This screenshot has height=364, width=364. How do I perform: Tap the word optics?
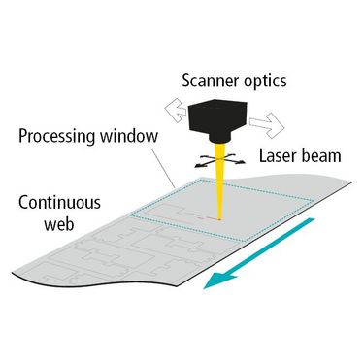click(265, 81)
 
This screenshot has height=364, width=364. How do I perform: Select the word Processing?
click(57, 136)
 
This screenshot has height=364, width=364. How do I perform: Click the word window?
click(129, 136)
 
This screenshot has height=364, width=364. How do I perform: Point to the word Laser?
click(277, 155)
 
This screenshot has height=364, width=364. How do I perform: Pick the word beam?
click(320, 155)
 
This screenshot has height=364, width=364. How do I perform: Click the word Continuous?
click(59, 203)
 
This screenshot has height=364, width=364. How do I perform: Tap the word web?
click(59, 224)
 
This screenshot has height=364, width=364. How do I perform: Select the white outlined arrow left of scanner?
click(176, 111)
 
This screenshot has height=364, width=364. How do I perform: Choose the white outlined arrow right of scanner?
click(267, 124)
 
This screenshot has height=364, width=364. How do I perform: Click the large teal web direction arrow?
click(259, 253)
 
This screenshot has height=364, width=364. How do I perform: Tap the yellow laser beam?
click(219, 182)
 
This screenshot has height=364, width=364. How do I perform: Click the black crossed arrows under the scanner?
click(219, 160)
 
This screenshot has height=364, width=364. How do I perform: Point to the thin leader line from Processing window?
click(163, 166)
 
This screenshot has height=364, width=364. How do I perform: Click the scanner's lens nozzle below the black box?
click(220, 138)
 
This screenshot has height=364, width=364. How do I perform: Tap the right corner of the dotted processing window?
click(314, 201)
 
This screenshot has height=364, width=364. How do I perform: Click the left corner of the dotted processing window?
click(130, 215)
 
